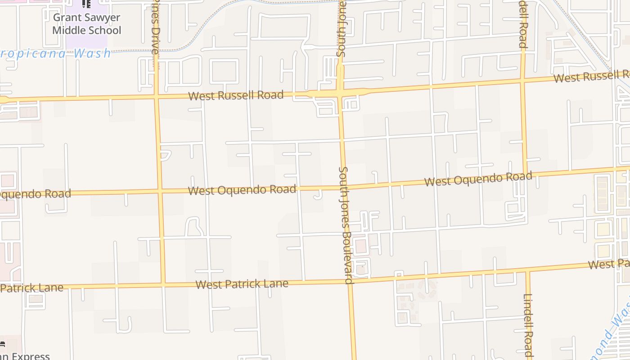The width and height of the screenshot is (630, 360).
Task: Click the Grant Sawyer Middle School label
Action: (x=87, y=24)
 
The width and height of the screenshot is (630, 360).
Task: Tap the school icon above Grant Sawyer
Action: (x=86, y=4)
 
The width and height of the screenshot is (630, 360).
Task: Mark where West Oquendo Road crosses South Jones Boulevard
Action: (x=344, y=187)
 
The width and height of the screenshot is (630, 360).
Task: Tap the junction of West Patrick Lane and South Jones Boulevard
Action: (x=349, y=282)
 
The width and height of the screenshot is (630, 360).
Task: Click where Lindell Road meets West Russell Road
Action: (x=523, y=81)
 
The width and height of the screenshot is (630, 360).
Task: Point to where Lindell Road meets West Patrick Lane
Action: (x=527, y=271)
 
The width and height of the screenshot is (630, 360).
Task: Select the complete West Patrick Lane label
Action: (x=242, y=284)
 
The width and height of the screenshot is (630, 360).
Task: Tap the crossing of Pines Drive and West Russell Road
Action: (x=157, y=96)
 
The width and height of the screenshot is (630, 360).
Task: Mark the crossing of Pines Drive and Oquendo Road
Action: (x=159, y=192)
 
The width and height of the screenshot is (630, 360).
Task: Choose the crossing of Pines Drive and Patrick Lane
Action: (x=162, y=284)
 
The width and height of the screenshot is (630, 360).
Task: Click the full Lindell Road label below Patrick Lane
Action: (x=528, y=325)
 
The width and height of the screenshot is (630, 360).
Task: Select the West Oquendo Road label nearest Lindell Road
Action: (x=478, y=179)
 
